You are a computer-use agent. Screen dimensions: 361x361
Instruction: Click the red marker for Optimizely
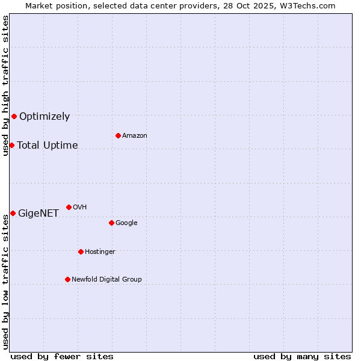(x=14, y=116)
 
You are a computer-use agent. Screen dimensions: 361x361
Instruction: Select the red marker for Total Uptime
(x=11, y=145)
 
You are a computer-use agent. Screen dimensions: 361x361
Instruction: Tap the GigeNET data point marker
(x=13, y=213)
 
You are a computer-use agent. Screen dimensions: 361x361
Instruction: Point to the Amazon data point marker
(x=118, y=135)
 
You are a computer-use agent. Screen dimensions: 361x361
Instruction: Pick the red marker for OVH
(x=69, y=207)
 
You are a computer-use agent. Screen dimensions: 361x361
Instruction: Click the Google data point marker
(x=111, y=223)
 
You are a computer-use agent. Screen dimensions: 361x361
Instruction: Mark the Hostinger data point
(x=81, y=251)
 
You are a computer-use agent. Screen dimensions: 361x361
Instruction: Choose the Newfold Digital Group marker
(x=67, y=279)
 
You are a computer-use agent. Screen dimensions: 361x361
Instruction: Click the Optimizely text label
(x=45, y=117)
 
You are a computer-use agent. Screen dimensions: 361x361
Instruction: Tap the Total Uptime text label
(x=48, y=146)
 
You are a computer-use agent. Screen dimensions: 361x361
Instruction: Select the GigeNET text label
(x=39, y=214)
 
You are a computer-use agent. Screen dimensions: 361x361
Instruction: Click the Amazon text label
(x=135, y=136)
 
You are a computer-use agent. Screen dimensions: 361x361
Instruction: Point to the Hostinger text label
(x=100, y=251)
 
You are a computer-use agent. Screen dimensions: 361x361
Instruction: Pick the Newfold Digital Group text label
(x=106, y=279)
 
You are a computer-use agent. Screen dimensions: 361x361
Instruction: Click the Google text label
(x=126, y=223)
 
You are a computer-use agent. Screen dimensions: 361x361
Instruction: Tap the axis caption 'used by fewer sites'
(x=62, y=356)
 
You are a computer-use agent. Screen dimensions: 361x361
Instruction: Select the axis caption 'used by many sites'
(x=302, y=356)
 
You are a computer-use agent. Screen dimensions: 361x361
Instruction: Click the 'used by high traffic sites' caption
(x=6, y=85)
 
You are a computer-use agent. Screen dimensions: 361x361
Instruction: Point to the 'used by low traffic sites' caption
(x=6, y=282)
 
